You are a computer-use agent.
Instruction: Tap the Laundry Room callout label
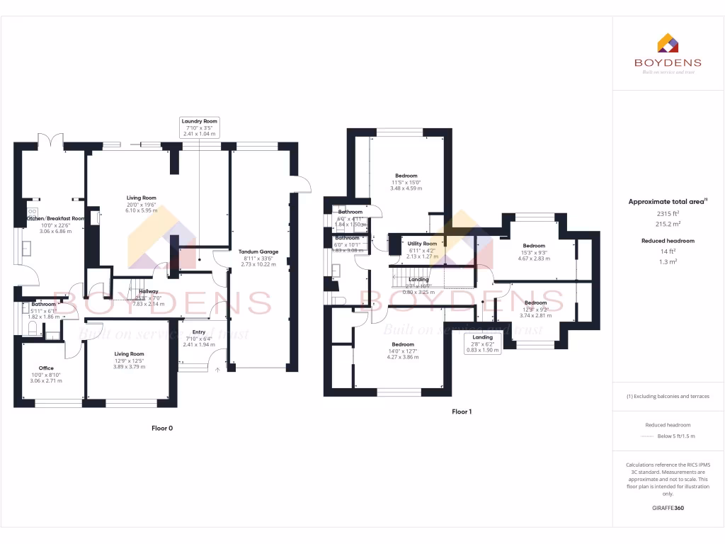(x=200, y=127)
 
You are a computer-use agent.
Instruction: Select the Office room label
(x=47, y=368)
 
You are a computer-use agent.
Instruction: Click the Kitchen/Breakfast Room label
(x=55, y=218)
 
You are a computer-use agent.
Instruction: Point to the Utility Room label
(x=423, y=243)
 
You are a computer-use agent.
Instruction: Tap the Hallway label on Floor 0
(x=149, y=291)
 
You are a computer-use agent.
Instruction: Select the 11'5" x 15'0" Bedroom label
(x=406, y=176)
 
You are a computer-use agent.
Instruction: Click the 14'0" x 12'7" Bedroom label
(x=402, y=344)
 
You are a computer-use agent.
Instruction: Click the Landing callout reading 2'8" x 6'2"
(x=483, y=344)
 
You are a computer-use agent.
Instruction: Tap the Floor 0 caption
(x=162, y=428)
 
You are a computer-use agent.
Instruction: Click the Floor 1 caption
(x=462, y=412)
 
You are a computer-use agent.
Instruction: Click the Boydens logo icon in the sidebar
(x=668, y=44)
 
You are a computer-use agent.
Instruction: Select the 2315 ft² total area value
(x=668, y=213)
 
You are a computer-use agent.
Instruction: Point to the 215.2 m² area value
(x=668, y=222)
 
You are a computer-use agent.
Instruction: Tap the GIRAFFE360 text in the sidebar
(x=668, y=508)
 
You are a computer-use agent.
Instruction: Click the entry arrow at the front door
(x=217, y=369)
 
